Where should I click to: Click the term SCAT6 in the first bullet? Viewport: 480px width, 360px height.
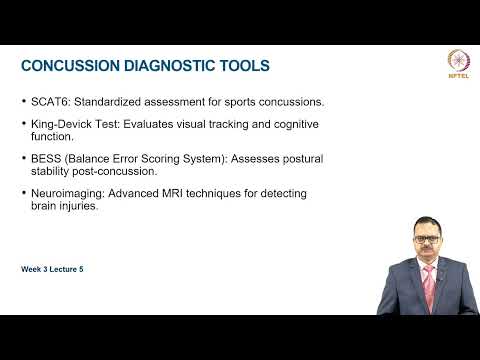46,101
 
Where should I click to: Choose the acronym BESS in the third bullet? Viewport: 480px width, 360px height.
45,158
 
